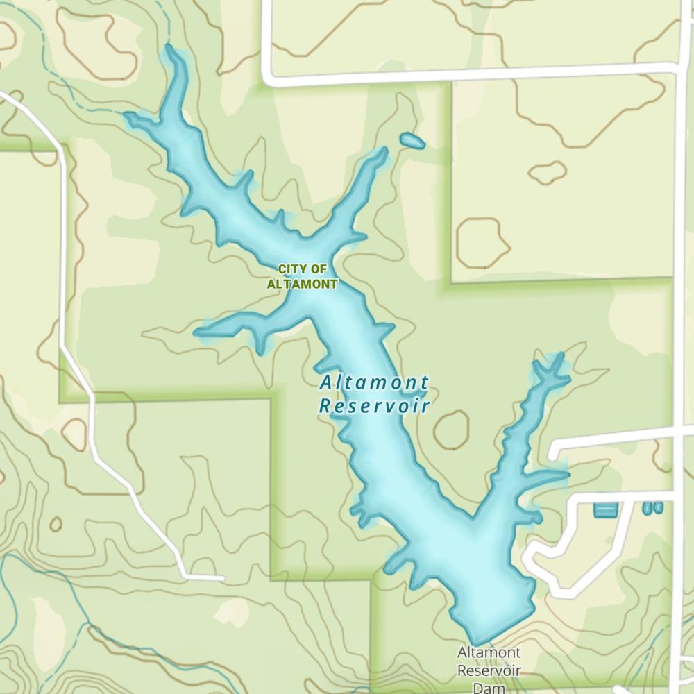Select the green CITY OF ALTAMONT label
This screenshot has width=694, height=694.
pos(303,276)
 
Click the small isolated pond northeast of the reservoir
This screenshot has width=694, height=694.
pos(412,141)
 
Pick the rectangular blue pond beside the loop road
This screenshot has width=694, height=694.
pos(604,510)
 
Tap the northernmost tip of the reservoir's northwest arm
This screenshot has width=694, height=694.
pos(169,50)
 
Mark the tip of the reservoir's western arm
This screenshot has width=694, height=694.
pos(199,332)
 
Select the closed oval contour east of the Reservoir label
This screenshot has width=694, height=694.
pos(451,430)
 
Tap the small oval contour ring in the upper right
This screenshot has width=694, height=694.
pos(548,171)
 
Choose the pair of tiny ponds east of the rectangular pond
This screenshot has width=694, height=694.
pos(652,508)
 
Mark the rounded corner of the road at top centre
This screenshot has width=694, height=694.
pos(268,78)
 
